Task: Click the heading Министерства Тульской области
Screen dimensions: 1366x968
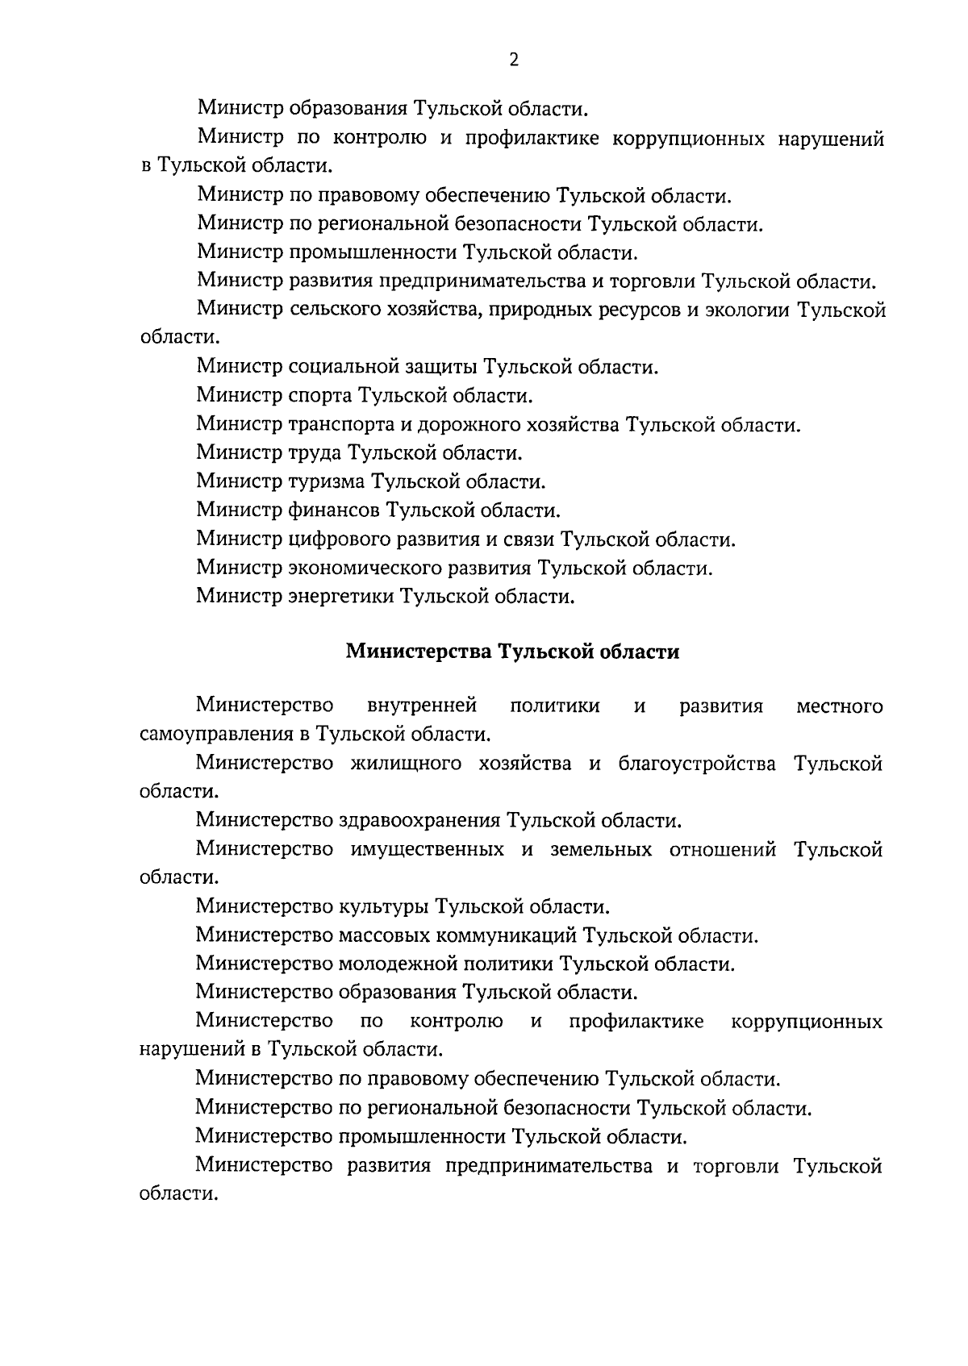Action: (x=512, y=652)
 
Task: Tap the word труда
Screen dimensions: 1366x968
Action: (x=315, y=453)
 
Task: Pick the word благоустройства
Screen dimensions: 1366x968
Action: (x=697, y=764)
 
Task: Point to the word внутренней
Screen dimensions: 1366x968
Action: (x=422, y=706)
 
